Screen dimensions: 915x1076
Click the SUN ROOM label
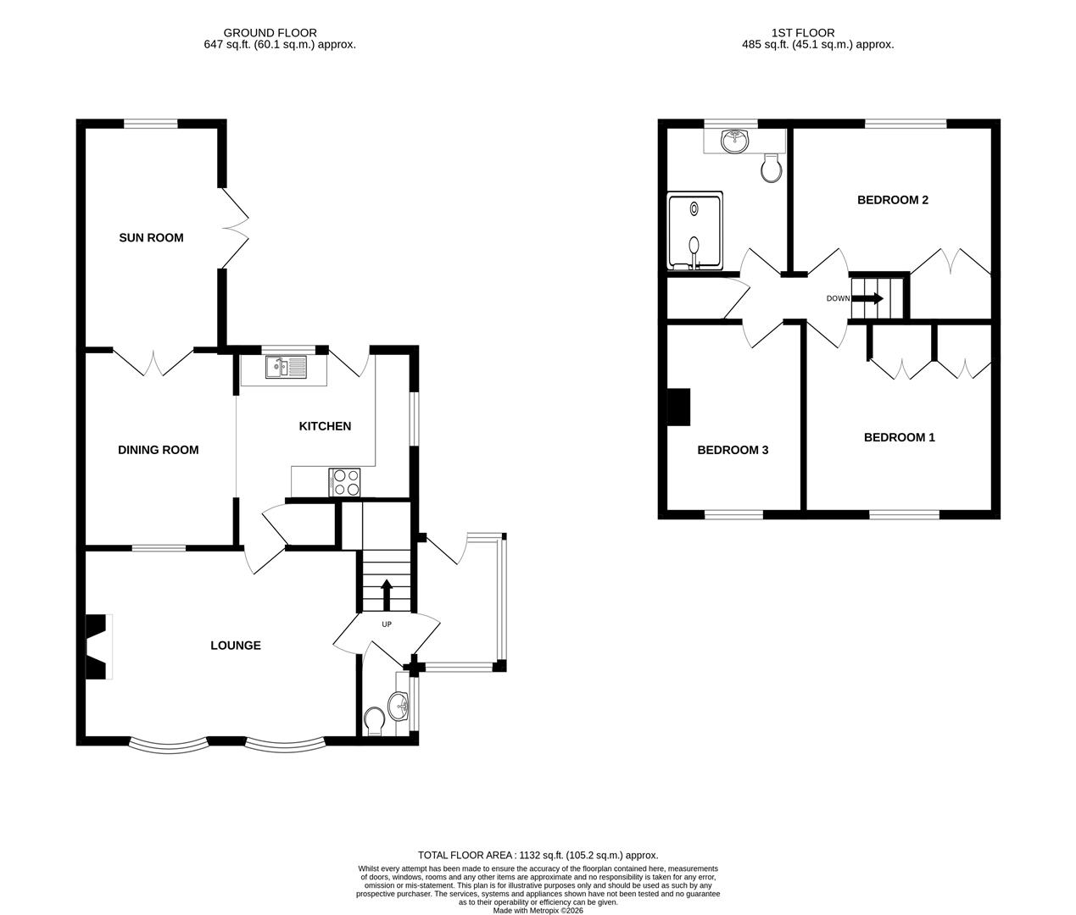point(151,238)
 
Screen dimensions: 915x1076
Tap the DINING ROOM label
point(158,450)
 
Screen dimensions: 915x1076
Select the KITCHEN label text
point(324,426)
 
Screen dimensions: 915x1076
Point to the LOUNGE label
point(235,646)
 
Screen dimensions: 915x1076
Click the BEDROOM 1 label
point(899,438)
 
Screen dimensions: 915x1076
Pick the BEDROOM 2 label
point(892,201)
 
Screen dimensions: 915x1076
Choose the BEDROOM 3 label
point(733,451)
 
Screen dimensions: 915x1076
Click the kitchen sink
point(286,367)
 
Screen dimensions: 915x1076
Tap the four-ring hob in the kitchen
point(345,482)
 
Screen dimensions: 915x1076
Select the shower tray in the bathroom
point(695,230)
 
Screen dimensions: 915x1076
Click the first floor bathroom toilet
point(771,169)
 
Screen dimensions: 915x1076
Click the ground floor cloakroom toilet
point(373,721)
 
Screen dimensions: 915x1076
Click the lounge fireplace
point(99,646)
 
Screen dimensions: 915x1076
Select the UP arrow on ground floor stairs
point(387,594)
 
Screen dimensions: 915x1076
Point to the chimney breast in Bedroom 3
point(679,407)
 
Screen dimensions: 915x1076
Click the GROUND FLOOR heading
point(272,33)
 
